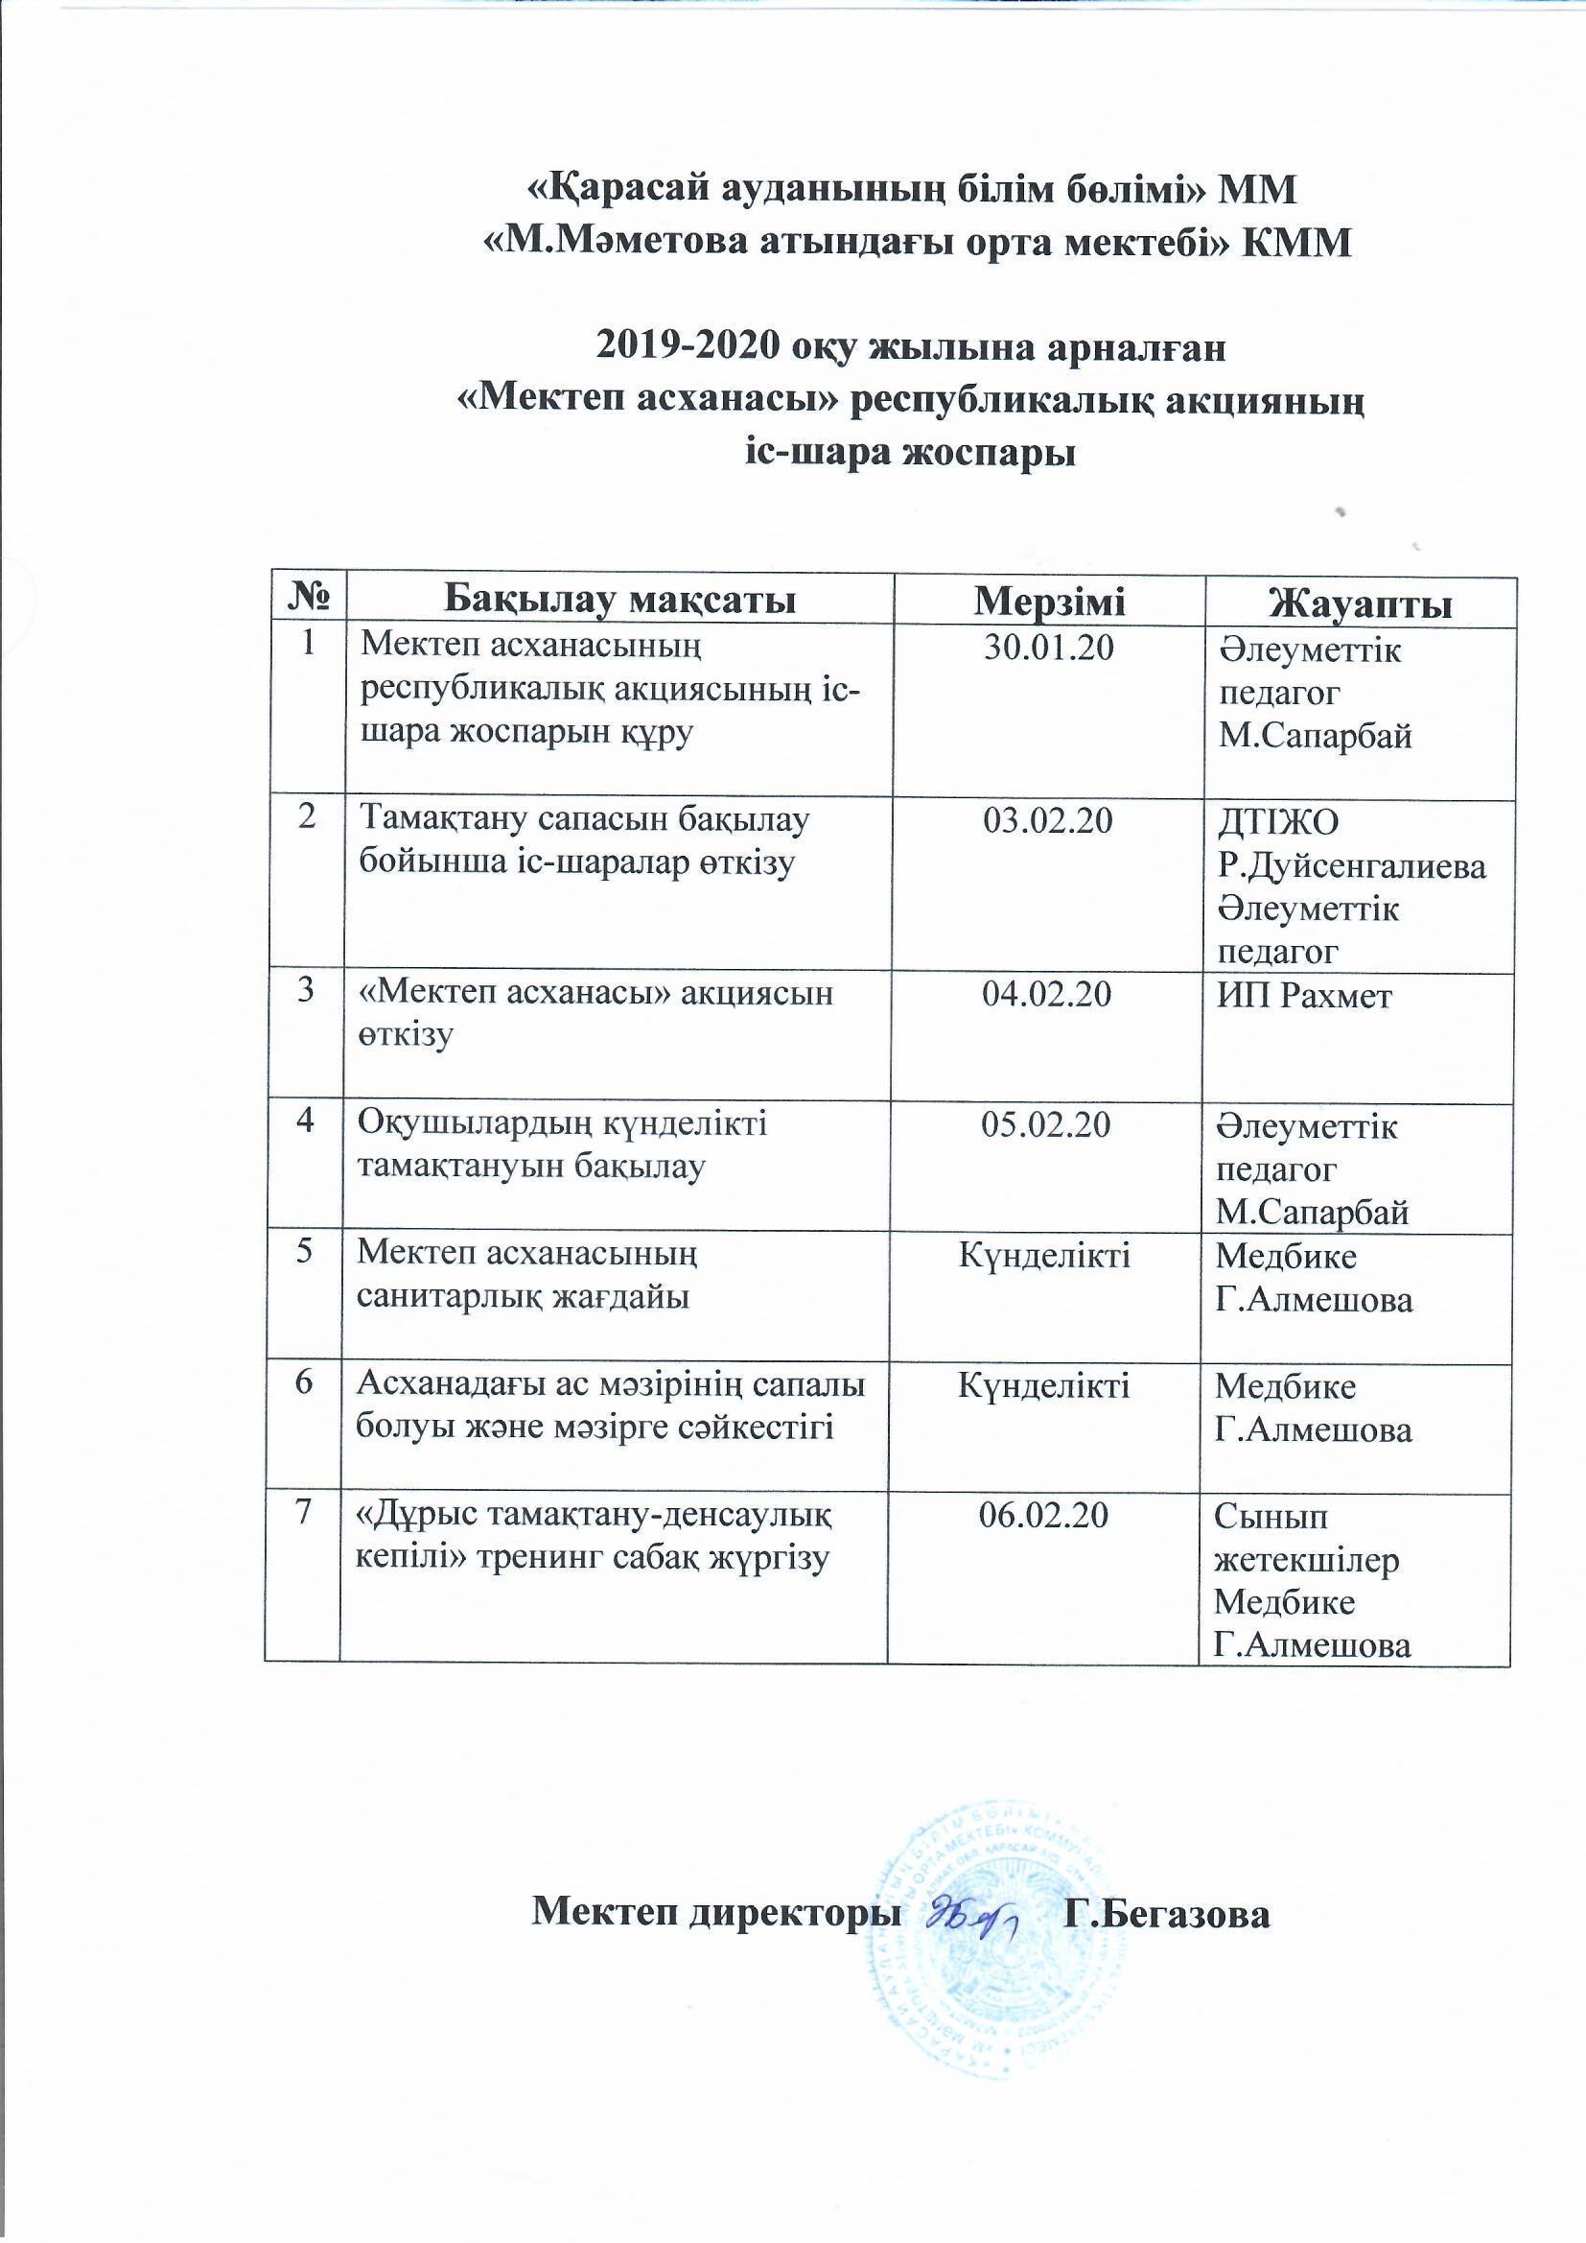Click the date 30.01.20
pyautogui.click(x=1049, y=649)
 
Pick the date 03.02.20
pyautogui.click(x=1048, y=821)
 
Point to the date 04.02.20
pyautogui.click(x=1047, y=995)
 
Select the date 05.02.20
pyautogui.click(x=1046, y=1126)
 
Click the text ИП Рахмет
pyautogui.click(x=1304, y=998)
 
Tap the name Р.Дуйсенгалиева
pyautogui.click(x=1353, y=866)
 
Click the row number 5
pyautogui.click(x=307, y=1253)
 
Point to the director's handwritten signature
pyautogui.click(x=970, y=1913)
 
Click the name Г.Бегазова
pyautogui.click(x=1168, y=1915)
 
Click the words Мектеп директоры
pyautogui.click(x=714, y=1915)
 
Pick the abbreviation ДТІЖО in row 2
pyautogui.click(x=1277, y=822)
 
